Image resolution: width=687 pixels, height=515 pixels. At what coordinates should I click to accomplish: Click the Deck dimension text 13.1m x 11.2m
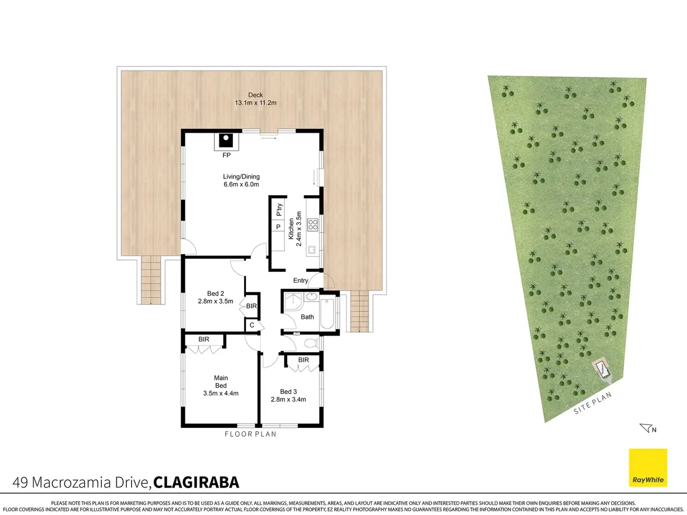255,103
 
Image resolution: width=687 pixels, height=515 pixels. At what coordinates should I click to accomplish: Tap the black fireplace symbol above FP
226,140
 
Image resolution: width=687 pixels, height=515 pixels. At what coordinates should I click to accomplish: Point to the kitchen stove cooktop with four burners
313,225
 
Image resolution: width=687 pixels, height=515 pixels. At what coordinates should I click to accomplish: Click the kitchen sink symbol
312,250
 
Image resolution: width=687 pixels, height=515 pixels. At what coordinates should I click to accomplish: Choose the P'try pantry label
279,210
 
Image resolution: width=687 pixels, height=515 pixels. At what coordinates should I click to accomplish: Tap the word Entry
301,281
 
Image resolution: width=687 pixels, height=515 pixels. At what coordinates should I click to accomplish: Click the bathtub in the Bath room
327,314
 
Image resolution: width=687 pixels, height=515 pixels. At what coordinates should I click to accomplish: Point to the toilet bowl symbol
311,343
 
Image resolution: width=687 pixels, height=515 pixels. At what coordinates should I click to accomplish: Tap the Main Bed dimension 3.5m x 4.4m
221,393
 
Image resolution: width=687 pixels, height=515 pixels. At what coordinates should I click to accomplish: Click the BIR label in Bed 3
303,360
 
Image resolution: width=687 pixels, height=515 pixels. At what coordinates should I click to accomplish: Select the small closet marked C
252,325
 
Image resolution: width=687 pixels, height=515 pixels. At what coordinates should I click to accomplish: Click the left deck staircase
151,279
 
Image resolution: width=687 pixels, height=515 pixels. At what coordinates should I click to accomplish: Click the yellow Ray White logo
648,467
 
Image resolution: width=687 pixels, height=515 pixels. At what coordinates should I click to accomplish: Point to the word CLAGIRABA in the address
196,482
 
